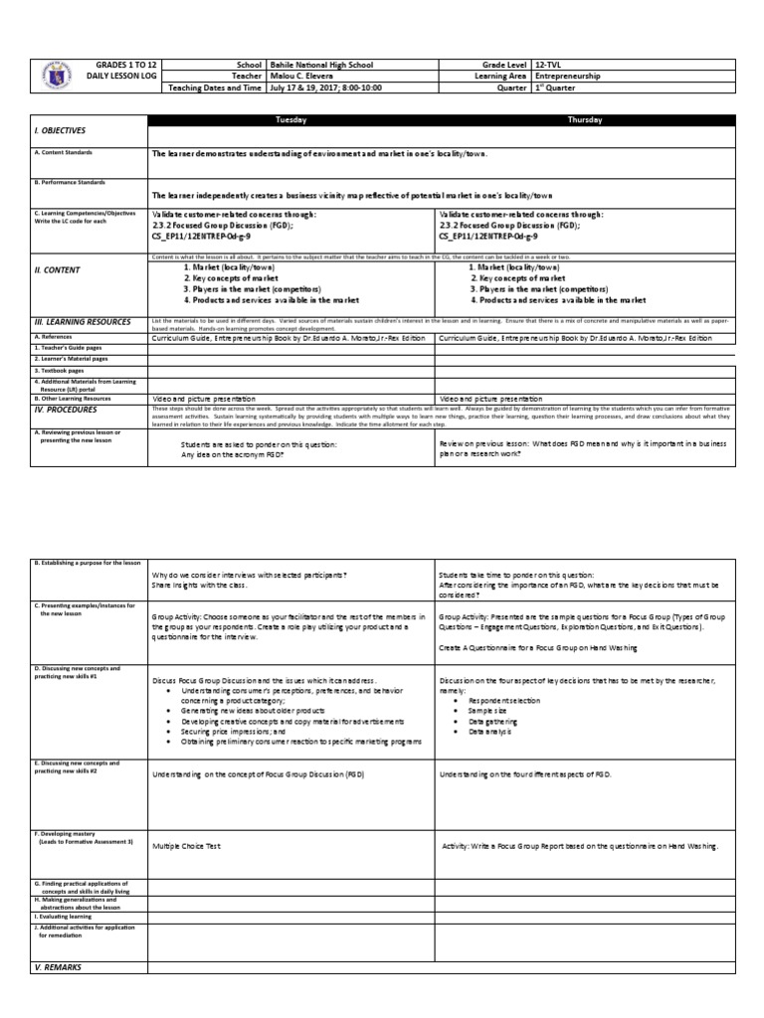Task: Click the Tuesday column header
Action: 290,119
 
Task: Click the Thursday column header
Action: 584,119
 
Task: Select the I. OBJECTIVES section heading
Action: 61,131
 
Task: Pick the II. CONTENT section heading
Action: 57,269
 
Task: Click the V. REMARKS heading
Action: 59,966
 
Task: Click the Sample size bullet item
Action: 483,712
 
